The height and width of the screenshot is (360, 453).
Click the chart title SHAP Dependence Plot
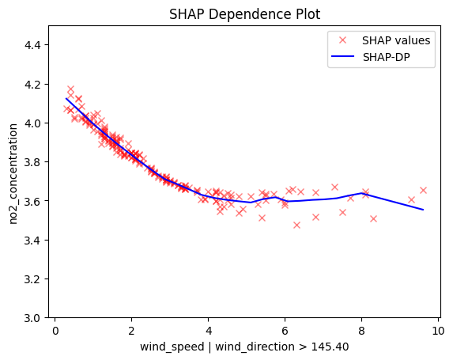click(245, 14)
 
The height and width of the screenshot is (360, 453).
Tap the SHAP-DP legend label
click(387, 57)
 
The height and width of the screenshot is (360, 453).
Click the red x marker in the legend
click(342, 40)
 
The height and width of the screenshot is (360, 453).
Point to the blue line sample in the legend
click(342, 56)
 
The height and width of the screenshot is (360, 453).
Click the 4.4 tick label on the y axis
click(32, 45)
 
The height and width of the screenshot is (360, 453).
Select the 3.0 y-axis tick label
click(32, 318)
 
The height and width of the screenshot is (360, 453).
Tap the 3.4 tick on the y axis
click(32, 240)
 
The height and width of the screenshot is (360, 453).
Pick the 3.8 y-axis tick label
click(32, 162)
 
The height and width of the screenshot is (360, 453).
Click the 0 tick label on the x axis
click(55, 331)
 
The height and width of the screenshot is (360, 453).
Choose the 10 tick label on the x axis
click(438, 331)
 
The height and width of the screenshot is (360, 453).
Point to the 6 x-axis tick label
click(285, 331)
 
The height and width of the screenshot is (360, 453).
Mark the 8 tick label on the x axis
click(361, 331)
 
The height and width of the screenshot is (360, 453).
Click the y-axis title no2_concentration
click(13, 174)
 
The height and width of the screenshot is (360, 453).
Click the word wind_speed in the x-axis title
click(172, 347)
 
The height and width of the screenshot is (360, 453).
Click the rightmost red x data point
click(423, 190)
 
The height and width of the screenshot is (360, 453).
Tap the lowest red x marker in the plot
click(296, 225)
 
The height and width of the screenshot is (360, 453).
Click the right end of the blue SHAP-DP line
click(423, 210)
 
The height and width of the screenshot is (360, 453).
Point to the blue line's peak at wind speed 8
click(361, 193)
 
